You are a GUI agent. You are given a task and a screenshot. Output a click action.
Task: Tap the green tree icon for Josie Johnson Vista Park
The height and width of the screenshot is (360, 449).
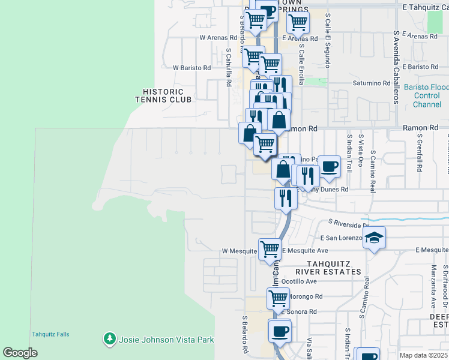pos(109,340)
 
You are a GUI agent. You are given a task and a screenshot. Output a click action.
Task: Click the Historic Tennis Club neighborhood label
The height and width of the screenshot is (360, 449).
pos(167,95)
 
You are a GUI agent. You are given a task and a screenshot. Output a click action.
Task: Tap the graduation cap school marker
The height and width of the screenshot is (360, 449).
pos(374,238)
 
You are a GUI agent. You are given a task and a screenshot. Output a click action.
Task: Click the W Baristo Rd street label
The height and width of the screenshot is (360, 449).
pos(191,68)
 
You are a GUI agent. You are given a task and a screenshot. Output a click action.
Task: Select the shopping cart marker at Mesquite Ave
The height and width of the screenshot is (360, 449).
pos(270,248)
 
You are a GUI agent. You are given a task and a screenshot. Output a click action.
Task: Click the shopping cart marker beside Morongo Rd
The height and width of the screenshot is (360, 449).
pos(278,298)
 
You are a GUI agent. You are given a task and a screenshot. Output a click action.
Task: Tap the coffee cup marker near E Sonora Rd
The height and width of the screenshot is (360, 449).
pos(279,331)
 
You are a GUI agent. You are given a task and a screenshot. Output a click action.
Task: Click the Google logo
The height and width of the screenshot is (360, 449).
pos(20,352)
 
